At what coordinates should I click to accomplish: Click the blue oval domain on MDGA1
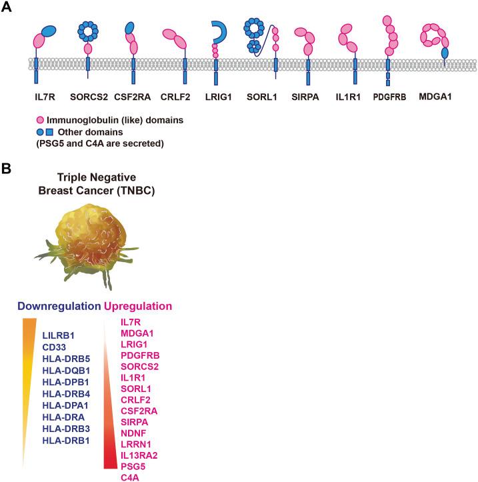click(x=445, y=51)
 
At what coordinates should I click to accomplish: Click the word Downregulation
click(x=58, y=307)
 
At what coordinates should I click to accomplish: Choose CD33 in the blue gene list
click(x=55, y=347)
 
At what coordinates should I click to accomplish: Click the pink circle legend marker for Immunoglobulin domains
click(x=40, y=119)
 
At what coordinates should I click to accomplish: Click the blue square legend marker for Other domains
click(x=51, y=131)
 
